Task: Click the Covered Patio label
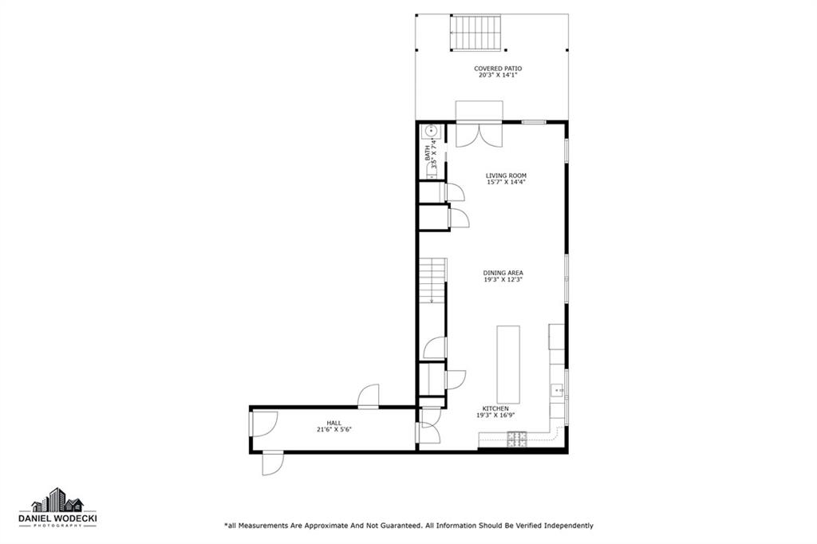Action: click(497, 69)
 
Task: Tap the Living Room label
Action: click(506, 175)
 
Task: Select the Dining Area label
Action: click(503, 273)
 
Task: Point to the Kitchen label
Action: click(495, 408)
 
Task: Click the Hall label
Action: click(334, 423)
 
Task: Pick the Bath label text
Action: click(428, 152)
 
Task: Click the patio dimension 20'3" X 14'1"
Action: click(498, 75)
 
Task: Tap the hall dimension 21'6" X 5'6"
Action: click(334, 429)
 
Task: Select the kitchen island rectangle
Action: click(508, 361)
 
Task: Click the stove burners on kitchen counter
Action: click(517, 440)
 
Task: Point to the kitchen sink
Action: click(557, 390)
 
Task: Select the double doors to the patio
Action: click(479, 135)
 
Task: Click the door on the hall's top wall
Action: click(369, 396)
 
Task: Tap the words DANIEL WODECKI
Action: click(57, 518)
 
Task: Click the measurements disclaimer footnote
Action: click(408, 526)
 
